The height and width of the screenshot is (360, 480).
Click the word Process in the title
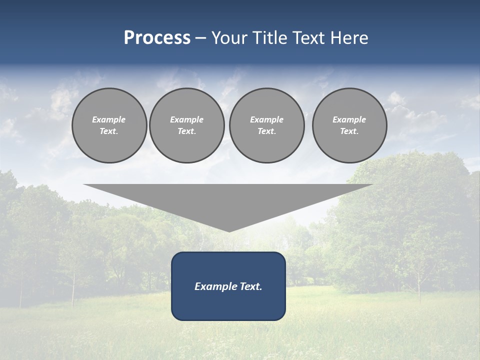tap(157, 38)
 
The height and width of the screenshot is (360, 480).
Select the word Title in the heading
tap(271, 38)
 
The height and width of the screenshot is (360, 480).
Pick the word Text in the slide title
tap(311, 38)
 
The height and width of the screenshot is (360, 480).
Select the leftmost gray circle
tap(109, 125)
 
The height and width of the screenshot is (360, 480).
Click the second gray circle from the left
tap(187, 125)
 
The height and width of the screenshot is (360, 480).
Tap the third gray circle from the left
tap(266, 125)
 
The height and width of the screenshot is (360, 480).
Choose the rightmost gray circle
tap(349, 125)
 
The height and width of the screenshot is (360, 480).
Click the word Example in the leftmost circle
tap(109, 119)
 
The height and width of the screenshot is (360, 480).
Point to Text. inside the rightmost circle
tap(349, 131)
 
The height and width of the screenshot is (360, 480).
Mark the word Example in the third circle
tap(266, 119)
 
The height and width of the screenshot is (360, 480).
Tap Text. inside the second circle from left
tap(187, 131)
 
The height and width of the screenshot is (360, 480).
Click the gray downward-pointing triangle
tap(228, 200)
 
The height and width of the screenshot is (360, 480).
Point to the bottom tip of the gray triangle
tap(229, 230)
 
